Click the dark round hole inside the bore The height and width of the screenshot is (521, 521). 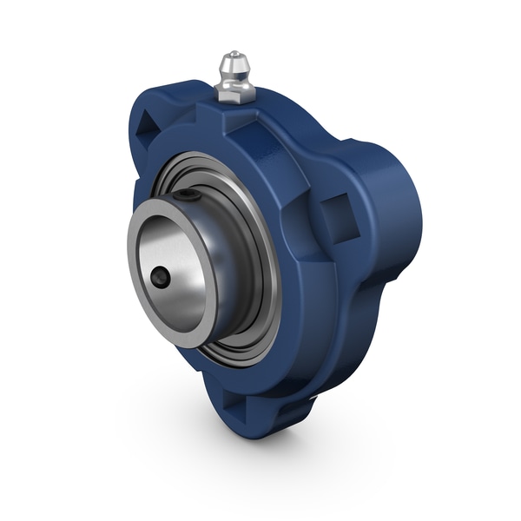click(x=160, y=278)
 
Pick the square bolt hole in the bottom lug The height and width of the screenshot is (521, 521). click(x=235, y=402)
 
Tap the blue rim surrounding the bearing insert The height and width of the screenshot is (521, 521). click(x=287, y=287)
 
